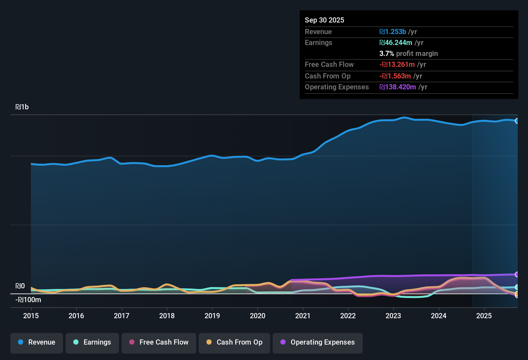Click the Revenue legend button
click(x=37, y=342)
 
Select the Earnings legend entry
click(x=92, y=342)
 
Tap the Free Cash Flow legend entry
click(x=159, y=342)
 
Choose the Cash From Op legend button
click(x=234, y=342)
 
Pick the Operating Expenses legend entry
click(x=318, y=342)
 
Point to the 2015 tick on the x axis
click(x=31, y=316)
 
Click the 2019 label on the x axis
click(x=212, y=316)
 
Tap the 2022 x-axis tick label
click(x=348, y=316)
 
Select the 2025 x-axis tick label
click(x=484, y=316)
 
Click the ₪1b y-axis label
click(x=22, y=107)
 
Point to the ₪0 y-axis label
click(x=20, y=286)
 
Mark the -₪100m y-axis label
click(x=28, y=300)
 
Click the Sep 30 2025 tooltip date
click(x=324, y=20)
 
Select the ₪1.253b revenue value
click(x=393, y=32)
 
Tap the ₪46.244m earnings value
click(x=396, y=42)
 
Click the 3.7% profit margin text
click(x=408, y=53)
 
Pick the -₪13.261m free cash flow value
click(x=397, y=64)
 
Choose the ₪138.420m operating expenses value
click(x=398, y=87)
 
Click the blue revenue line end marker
click(x=517, y=121)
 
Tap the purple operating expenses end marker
click(x=517, y=274)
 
